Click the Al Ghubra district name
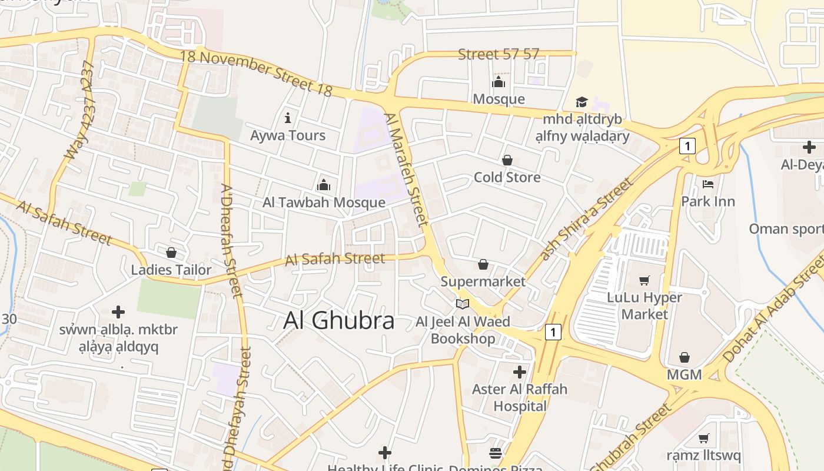pyautogui.click(x=339, y=321)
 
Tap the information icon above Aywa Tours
pyautogui.click(x=288, y=118)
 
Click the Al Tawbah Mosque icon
pyautogui.click(x=324, y=185)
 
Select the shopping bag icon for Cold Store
pyautogui.click(x=507, y=160)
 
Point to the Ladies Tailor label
pyautogui.click(x=171, y=270)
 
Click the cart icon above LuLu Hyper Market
pyautogui.click(x=644, y=281)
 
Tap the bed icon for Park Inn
pyautogui.click(x=708, y=184)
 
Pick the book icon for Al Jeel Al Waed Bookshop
pyautogui.click(x=463, y=304)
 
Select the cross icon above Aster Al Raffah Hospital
pyautogui.click(x=519, y=372)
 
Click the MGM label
pyautogui.click(x=684, y=374)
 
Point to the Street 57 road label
pyautogui.click(x=499, y=54)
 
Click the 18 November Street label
pyautogui.click(x=257, y=72)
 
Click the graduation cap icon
pyautogui.click(x=582, y=102)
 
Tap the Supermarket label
pyautogui.click(x=483, y=281)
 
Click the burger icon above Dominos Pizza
pyautogui.click(x=496, y=453)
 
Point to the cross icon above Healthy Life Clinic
pyautogui.click(x=385, y=453)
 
